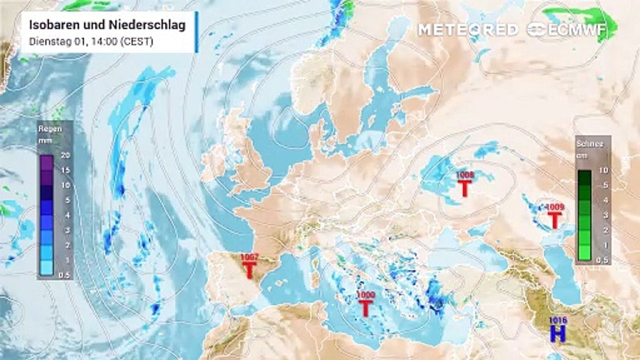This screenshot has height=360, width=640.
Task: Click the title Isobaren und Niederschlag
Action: coord(107,24)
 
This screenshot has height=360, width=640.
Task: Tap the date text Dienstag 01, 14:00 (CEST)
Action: coord(91,42)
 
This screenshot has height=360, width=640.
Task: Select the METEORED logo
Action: coord(468,29)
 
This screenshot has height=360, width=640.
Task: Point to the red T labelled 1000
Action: coord(365,307)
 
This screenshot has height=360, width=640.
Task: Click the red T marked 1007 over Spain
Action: coord(249,270)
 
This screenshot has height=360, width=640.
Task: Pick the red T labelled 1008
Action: coord(465,188)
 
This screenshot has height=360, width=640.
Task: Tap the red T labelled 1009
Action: coord(554,219)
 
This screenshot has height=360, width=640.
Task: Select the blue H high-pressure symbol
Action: coord(557,334)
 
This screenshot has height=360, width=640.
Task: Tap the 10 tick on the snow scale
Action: coord(603,170)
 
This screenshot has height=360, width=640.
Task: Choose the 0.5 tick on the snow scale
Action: coord(603,260)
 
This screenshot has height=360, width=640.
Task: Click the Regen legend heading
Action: coord(50,129)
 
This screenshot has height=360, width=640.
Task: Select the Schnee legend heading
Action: coord(590,144)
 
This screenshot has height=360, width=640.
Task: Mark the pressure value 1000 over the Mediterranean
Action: coord(365,295)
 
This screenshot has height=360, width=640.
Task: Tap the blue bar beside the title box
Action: coord(196,31)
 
